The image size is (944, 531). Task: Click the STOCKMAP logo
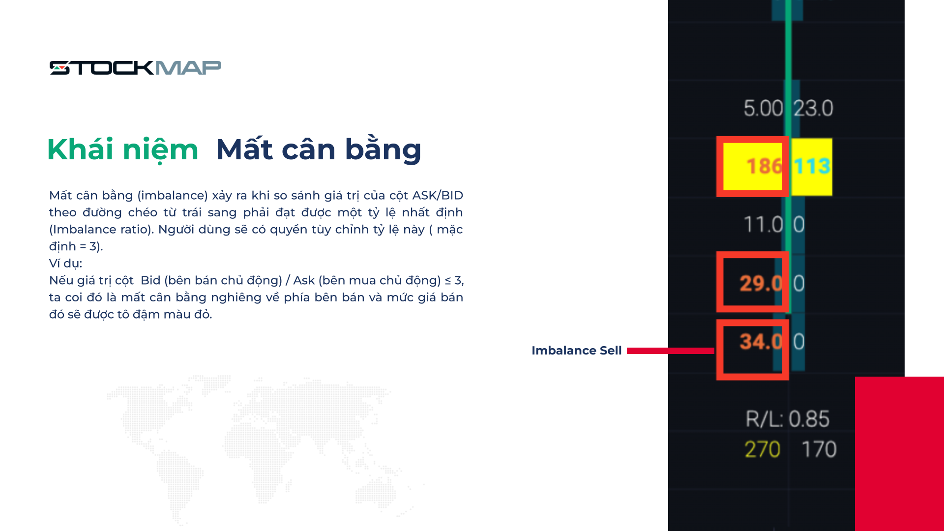[135, 68]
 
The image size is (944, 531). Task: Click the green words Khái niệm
[123, 149]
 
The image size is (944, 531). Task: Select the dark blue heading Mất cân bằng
[319, 149]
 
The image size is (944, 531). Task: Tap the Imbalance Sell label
[576, 351]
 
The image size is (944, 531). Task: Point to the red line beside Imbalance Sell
[671, 351]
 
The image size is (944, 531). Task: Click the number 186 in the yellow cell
[764, 166]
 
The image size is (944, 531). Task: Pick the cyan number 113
[812, 166]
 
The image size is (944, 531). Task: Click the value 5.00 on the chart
[763, 108]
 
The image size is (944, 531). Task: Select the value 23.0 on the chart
[813, 108]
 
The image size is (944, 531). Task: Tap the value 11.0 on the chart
[763, 225]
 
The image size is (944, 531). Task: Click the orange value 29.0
[761, 283]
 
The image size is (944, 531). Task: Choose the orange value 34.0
[761, 341]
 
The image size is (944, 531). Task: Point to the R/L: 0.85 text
[787, 419]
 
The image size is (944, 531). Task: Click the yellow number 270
[763, 449]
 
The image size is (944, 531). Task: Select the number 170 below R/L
[819, 449]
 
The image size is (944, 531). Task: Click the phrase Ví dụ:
[65, 264]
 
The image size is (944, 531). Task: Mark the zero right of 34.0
[799, 342]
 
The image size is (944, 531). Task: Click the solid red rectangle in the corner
[899, 454]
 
